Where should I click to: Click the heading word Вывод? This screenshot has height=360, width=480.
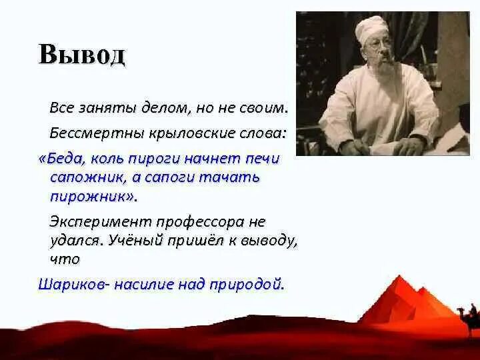(82, 54)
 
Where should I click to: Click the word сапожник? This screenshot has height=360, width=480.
(89, 177)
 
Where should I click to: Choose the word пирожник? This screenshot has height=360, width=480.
(90, 197)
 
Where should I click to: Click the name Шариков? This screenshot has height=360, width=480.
(73, 285)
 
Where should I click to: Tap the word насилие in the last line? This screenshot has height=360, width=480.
(143, 285)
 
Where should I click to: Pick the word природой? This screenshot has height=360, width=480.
(246, 285)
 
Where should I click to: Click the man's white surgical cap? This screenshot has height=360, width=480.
(371, 30)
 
